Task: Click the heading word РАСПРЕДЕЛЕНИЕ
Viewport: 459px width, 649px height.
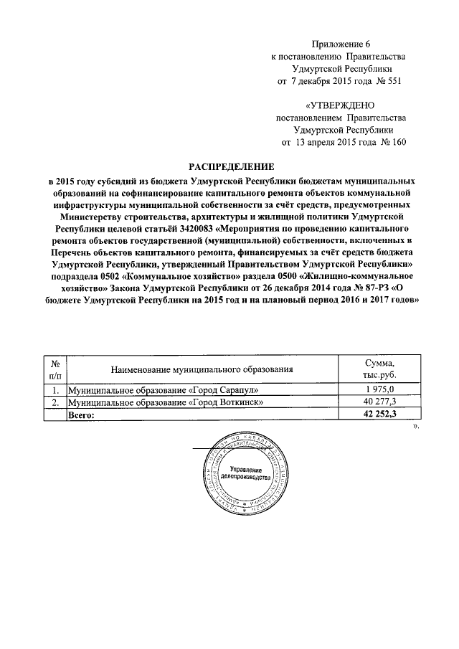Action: tap(229, 166)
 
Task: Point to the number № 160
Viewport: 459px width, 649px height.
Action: tap(393, 142)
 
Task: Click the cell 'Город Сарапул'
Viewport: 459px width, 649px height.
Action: tap(161, 389)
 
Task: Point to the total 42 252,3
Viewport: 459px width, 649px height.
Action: tap(379, 415)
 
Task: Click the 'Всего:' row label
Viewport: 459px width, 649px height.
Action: tap(82, 415)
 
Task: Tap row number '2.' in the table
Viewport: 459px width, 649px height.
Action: tap(55, 402)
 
